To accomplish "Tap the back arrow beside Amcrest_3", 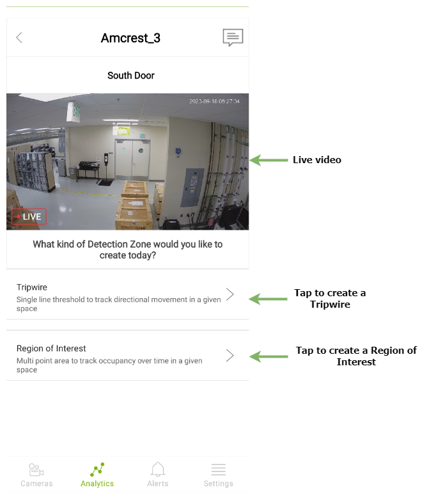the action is tap(19, 38).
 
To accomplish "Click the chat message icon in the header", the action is tap(233, 37).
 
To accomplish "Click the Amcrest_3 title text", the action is tap(130, 38).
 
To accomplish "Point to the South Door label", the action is tap(130, 75).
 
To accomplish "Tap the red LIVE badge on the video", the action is tap(29, 217).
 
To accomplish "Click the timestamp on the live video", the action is tap(214, 101).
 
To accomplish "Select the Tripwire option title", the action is tap(32, 287).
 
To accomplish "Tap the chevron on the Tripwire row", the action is tap(230, 294).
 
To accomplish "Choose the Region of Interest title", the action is tap(51, 348).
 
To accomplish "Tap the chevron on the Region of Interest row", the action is tap(230, 356).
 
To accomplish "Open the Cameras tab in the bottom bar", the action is tap(36, 475).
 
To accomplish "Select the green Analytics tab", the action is tap(97, 475).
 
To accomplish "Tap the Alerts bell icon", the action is tap(158, 470).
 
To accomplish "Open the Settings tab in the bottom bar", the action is tap(219, 475).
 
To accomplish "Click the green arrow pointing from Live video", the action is tap(268, 160).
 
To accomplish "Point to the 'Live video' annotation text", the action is tap(317, 160).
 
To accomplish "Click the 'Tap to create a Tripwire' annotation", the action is tap(330, 299).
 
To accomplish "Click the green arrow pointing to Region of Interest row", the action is tap(268, 356).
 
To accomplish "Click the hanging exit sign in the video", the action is tap(74, 112).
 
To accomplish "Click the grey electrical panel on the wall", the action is tap(192, 187).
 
